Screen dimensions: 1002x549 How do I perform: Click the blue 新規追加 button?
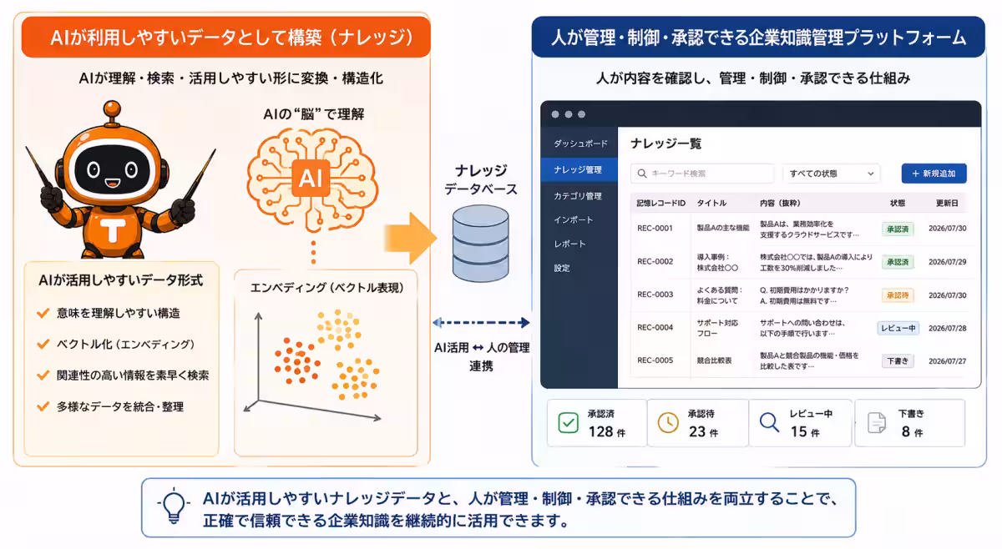click(x=934, y=174)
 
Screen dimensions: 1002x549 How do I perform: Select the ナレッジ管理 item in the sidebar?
click(x=579, y=170)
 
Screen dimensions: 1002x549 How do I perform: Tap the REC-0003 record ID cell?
click(x=655, y=295)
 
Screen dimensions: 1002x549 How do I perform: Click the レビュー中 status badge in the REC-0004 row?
click(x=898, y=328)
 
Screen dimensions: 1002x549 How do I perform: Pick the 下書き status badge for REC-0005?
click(x=898, y=360)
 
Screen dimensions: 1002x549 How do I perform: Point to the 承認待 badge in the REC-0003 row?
click(x=898, y=295)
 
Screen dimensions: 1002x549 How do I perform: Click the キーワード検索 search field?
click(x=702, y=174)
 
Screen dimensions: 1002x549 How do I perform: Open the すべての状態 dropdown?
click(x=832, y=174)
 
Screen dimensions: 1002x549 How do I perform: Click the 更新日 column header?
click(x=947, y=204)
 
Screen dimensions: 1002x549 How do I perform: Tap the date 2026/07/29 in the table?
click(x=947, y=262)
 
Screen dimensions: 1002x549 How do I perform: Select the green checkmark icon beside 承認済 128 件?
click(x=568, y=423)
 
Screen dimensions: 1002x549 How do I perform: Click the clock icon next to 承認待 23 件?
click(x=668, y=422)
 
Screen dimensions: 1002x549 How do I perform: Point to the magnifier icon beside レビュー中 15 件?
click(x=769, y=422)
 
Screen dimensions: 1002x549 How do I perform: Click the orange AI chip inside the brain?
click(x=311, y=178)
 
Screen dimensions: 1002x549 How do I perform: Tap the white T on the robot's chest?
click(x=113, y=230)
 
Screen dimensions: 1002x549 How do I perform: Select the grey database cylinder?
click(x=480, y=244)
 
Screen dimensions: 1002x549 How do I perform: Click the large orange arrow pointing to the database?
click(x=410, y=239)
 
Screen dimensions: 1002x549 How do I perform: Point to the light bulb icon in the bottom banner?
click(x=174, y=506)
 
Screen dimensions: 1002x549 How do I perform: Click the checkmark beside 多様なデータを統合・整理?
click(x=43, y=406)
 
